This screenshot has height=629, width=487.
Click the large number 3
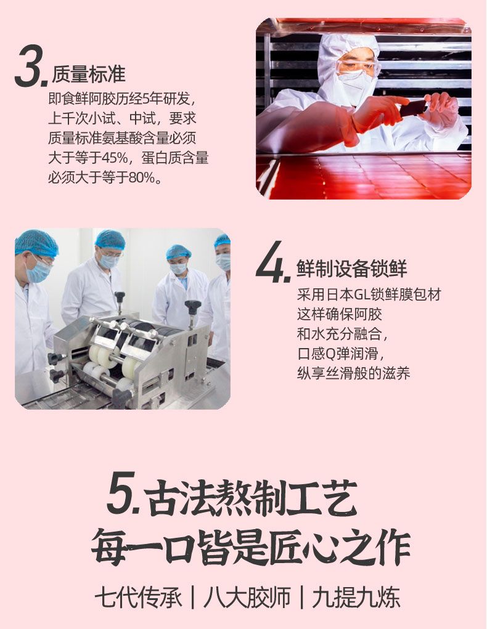pos(28,66)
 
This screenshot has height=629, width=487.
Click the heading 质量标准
pos(89,74)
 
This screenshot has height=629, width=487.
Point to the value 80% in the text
pos(141,177)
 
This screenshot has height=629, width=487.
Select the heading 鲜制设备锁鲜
pos(352,269)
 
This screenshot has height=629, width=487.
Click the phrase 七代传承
pos(137,598)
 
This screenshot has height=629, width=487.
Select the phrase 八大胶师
pos(247,598)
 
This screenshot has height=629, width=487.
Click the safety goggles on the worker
pos(358,65)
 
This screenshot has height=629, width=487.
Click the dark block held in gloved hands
pos(413,108)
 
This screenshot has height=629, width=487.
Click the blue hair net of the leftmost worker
pos(36,243)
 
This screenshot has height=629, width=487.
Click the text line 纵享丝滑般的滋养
pos(353,373)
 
